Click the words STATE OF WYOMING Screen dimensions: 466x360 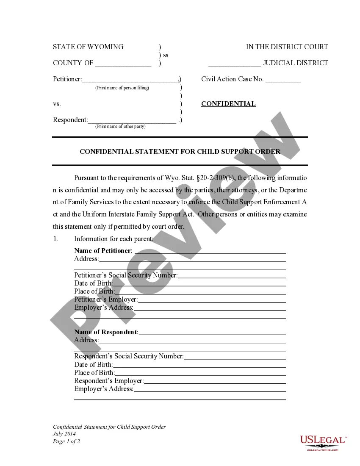pyautogui.click(x=88, y=47)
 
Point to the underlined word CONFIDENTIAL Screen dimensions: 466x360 pyautogui.click(x=228, y=104)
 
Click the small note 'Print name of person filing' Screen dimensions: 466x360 pyautogui.click(x=122, y=88)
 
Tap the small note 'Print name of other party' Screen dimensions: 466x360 pyautogui.click(x=120, y=126)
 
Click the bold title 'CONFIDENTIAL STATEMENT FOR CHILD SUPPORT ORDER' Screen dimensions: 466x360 pyautogui.click(x=180, y=151)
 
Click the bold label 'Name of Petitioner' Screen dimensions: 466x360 pyautogui.click(x=103, y=251)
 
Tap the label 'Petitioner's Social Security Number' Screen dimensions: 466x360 pyautogui.click(x=126, y=275)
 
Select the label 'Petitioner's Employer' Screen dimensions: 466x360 pyautogui.click(x=106, y=300)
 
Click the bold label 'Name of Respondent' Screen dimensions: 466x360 pyautogui.click(x=106, y=332)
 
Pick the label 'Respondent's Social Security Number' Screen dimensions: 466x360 pyautogui.click(x=129, y=356)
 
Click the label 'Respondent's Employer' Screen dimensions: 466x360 pyautogui.click(x=109, y=381)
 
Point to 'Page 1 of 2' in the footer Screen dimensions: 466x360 pyautogui.click(x=66, y=441)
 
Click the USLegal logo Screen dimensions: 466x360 pyautogui.click(x=323, y=442)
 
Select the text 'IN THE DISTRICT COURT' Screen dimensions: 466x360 pyautogui.click(x=287, y=47)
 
